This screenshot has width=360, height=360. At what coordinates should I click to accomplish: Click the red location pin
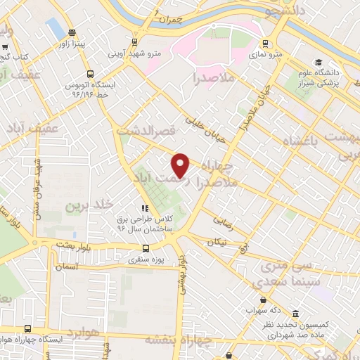(x=181, y=165)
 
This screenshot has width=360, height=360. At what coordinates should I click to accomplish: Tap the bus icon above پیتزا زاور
(x=72, y=32)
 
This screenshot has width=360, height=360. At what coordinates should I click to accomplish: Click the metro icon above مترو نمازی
(x=266, y=41)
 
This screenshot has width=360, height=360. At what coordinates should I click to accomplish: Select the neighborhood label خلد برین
(x=89, y=205)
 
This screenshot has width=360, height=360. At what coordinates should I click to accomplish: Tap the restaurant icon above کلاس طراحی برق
(x=145, y=208)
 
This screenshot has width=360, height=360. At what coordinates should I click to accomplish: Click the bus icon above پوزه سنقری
(x=146, y=248)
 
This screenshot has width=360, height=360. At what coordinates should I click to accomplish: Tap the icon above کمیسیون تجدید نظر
(x=294, y=314)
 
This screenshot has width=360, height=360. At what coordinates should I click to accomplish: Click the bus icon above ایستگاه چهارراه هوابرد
(x=27, y=328)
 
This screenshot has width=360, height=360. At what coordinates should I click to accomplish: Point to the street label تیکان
(x=217, y=242)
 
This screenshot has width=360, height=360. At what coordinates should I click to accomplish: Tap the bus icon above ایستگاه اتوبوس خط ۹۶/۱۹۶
(x=89, y=73)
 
